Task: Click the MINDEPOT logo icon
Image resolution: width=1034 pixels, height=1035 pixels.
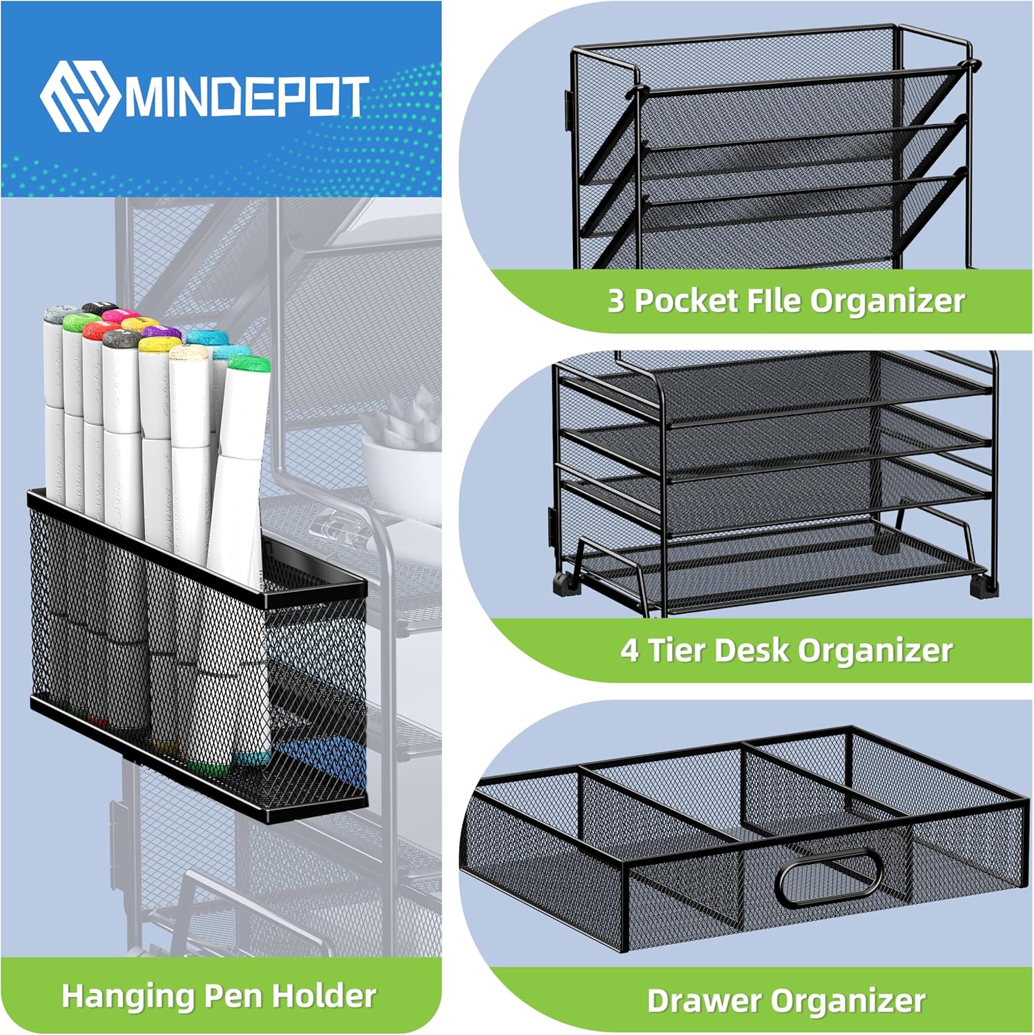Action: point(78,95)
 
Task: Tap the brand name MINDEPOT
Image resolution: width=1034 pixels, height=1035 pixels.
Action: point(244,97)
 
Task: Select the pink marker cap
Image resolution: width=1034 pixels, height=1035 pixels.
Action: point(121,316)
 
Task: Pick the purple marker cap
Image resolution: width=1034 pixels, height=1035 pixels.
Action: point(163,333)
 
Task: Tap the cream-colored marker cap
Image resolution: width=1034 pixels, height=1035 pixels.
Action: point(190,353)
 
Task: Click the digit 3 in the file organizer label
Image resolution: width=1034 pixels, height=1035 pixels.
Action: point(616,301)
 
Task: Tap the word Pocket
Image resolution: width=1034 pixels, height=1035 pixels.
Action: point(686,301)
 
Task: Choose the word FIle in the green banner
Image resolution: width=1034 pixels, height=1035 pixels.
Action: point(774,300)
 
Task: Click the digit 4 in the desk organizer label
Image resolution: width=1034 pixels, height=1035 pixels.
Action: point(629,650)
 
